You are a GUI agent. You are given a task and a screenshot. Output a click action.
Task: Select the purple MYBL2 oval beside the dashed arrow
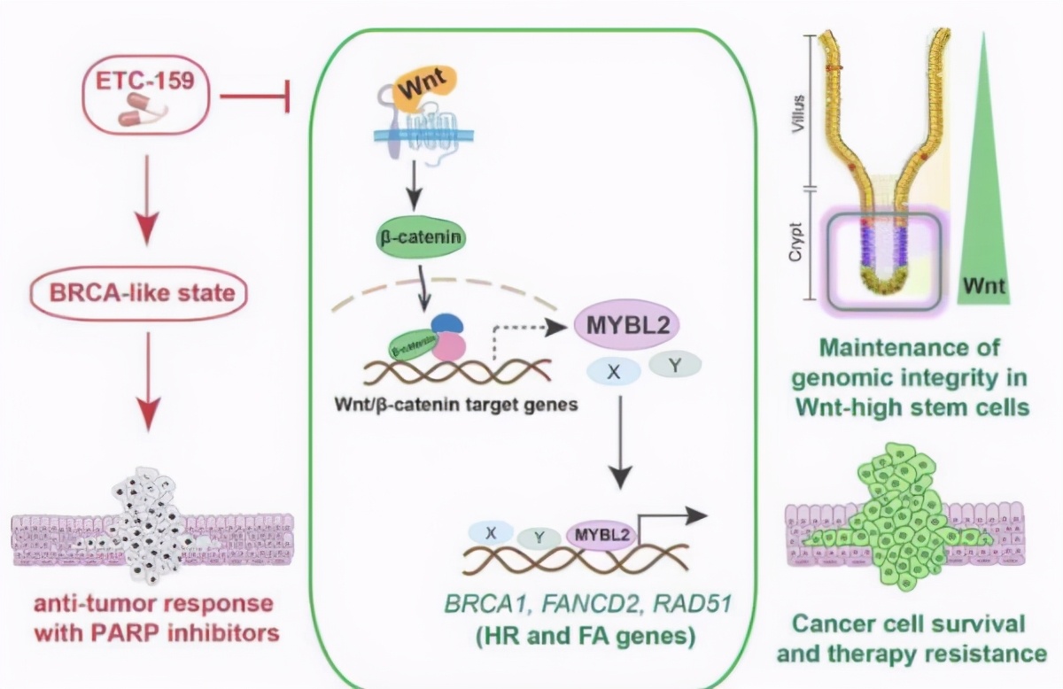(x=626, y=325)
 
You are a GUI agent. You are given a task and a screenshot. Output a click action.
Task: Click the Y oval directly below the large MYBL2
(x=675, y=363)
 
